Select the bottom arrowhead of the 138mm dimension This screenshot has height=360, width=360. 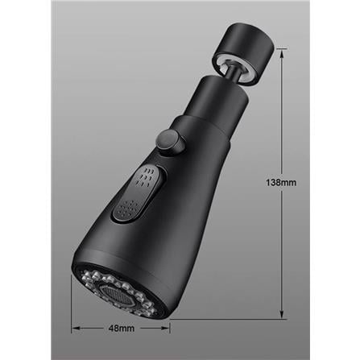click(282, 316)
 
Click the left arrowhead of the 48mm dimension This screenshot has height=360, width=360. click(75, 327)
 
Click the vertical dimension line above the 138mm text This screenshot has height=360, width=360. click(282, 113)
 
